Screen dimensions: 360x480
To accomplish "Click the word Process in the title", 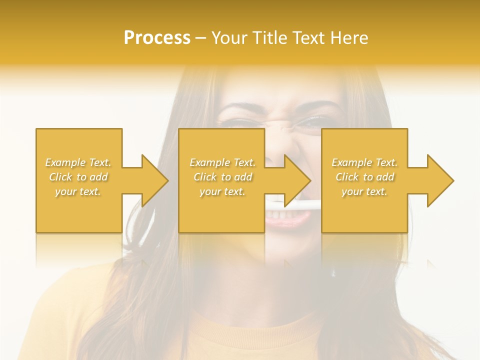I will (157, 38).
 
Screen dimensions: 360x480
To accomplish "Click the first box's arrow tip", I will (167, 180).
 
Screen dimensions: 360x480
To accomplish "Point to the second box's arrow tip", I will (309, 180).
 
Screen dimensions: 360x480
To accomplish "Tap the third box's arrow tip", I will (452, 180).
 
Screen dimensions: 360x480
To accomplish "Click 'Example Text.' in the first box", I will (78, 162).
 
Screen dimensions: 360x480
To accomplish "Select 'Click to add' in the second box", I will (223, 177).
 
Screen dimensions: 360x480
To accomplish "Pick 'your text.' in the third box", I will (364, 191).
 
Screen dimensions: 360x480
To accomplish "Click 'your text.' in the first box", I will (78, 191).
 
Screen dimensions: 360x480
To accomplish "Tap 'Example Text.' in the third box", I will (364, 162).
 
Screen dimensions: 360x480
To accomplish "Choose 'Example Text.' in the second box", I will (223, 162).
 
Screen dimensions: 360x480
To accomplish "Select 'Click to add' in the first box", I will (78, 177).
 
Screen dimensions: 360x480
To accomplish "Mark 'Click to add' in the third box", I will (364, 177).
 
